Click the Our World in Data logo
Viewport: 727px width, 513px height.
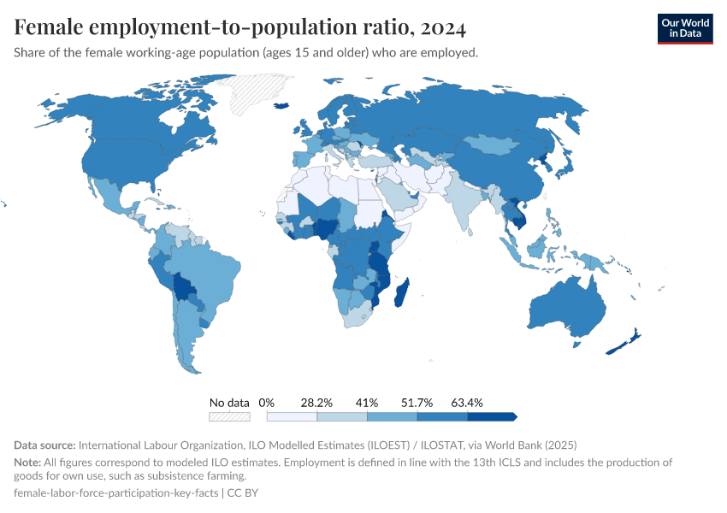point(684,28)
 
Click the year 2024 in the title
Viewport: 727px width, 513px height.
point(443,28)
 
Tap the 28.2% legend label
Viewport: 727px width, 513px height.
point(316,402)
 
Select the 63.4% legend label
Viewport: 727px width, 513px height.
point(467,402)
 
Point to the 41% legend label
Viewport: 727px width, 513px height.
point(367,402)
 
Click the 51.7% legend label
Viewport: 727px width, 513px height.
point(417,402)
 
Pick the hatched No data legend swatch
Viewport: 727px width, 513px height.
point(229,416)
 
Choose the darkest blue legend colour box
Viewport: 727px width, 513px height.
point(491,416)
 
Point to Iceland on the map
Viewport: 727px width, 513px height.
point(284,104)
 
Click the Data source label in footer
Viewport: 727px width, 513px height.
point(44,445)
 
